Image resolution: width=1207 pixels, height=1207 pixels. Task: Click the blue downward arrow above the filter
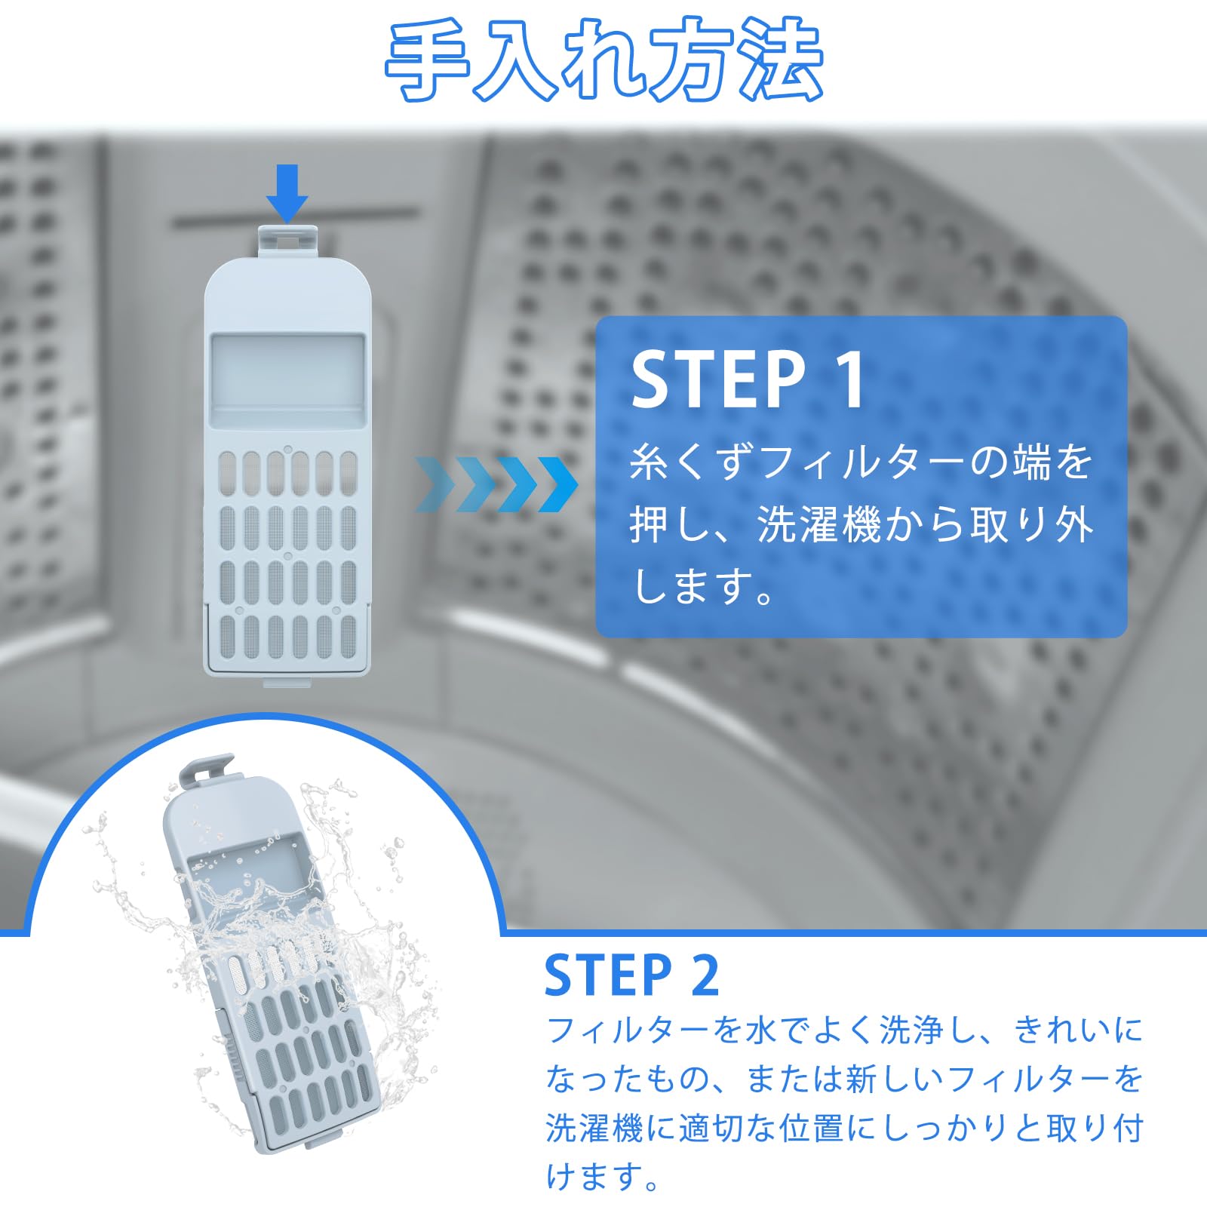click(x=287, y=193)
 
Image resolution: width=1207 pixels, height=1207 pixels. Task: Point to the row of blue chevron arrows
click(x=496, y=484)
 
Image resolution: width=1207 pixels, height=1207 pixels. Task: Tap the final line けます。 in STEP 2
click(x=603, y=1177)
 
